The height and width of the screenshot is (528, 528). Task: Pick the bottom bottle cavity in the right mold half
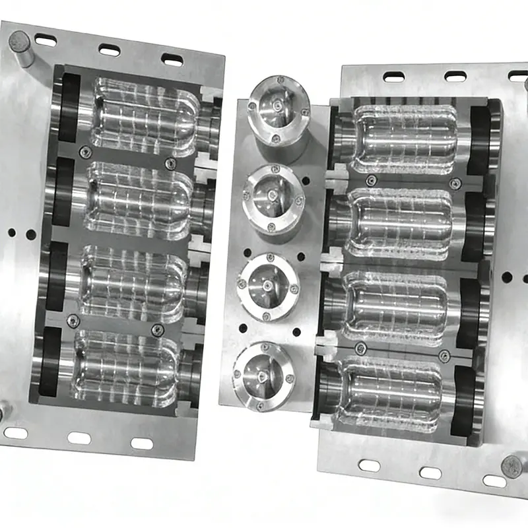393,393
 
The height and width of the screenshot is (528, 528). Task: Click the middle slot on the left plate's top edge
109,49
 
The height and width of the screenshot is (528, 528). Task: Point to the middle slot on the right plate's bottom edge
430,473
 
